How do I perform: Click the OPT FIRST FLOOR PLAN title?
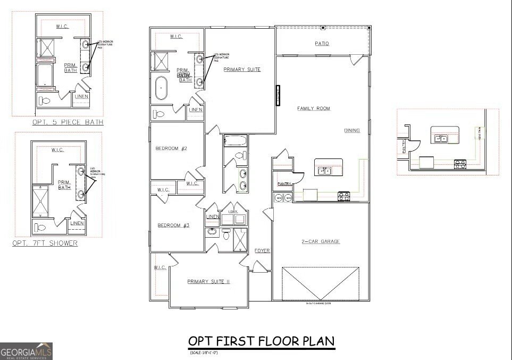[x=262, y=340]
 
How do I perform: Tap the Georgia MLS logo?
[x=27, y=351]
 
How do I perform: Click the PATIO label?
[x=322, y=44]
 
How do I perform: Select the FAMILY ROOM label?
[x=313, y=108]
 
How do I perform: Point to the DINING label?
[x=351, y=130]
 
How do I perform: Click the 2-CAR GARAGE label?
[x=321, y=241]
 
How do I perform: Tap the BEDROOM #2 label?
[x=171, y=148]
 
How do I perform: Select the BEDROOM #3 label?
[x=173, y=225]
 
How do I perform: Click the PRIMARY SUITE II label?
[x=208, y=282]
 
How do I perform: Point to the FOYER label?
[x=262, y=250]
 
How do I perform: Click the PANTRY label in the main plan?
[x=283, y=184]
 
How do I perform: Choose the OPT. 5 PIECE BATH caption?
[x=68, y=122]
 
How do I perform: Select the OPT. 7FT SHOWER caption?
[x=45, y=244]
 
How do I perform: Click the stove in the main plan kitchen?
[x=345, y=197]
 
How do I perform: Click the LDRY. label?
[x=233, y=212]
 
